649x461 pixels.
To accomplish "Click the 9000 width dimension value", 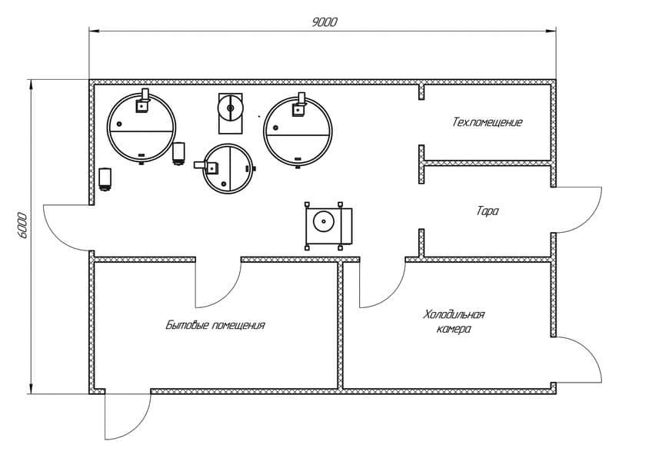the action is [324, 22].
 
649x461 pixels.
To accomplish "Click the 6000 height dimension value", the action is [22, 226].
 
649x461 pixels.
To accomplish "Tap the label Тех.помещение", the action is [488, 122].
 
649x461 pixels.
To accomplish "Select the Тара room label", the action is [488, 211].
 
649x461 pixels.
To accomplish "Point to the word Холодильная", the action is [454, 315].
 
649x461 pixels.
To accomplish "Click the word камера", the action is [454, 330].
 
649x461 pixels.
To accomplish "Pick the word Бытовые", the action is [187, 325].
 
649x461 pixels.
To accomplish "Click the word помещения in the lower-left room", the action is [238, 325].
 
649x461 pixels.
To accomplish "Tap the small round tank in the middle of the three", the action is [228, 168].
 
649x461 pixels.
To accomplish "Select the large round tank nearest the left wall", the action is [141, 128].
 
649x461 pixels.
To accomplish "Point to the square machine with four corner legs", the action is [328, 226].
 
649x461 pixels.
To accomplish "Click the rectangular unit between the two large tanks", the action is [231, 113].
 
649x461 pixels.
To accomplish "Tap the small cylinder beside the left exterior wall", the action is [105, 178].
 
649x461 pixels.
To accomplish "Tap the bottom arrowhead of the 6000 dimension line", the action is [30, 389].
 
